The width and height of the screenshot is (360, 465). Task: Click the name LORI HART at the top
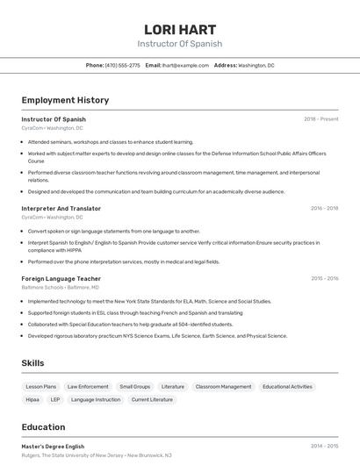179,29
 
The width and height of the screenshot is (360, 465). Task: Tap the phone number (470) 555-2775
122,65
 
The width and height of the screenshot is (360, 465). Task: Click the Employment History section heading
65,100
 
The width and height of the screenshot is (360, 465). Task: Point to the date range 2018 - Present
320,119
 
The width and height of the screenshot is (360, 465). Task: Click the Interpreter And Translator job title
61,209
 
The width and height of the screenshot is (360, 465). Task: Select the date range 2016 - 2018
324,209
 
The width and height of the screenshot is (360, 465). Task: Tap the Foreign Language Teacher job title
61,278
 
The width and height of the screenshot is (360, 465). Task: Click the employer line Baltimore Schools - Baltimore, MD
61,287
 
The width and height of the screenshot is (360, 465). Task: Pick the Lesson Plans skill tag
40,386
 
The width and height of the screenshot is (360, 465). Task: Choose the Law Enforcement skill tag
88,386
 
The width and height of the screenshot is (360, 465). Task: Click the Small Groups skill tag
135,386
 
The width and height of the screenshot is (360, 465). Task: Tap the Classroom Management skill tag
223,386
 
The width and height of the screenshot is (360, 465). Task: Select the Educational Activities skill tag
287,386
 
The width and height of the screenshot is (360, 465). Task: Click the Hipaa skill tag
32,399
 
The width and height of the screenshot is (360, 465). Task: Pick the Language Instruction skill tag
96,399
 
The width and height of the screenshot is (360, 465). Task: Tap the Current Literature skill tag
152,399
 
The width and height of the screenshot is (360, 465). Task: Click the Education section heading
43,427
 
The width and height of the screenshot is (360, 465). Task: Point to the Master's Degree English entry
54,447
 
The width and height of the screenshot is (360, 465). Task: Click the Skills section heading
33,362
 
